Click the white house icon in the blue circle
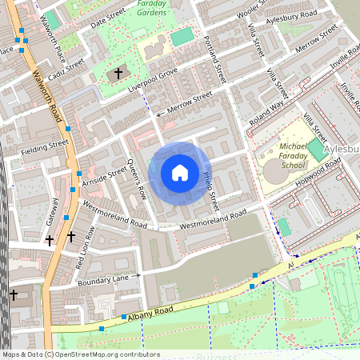point(179,173)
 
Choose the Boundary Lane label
point(103,278)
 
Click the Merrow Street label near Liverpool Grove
point(189,102)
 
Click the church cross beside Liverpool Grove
point(118,74)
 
